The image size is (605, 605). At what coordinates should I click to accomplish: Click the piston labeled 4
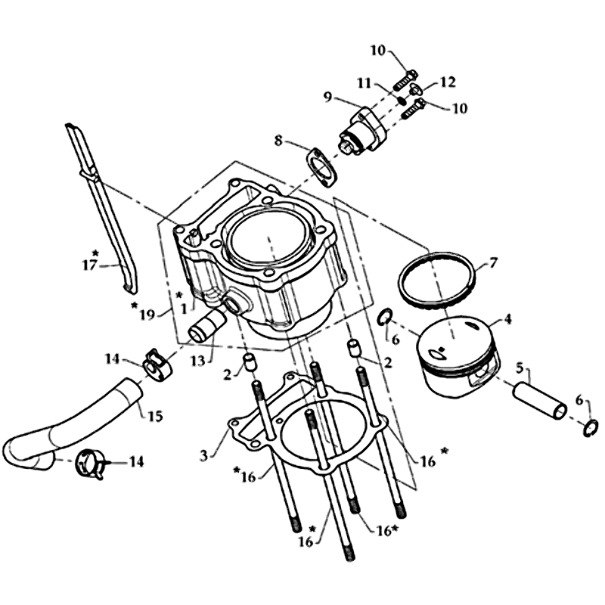(458, 358)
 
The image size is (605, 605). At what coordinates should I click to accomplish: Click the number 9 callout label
(327, 98)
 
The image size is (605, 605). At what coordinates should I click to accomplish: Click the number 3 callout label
(203, 455)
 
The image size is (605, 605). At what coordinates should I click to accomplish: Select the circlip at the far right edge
(591, 428)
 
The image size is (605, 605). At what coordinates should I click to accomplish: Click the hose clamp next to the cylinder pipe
(158, 365)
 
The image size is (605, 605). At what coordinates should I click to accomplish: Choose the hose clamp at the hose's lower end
(89, 464)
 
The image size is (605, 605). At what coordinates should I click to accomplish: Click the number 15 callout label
(155, 416)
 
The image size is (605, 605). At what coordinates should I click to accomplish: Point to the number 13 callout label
(197, 361)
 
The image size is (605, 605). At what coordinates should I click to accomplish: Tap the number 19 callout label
(147, 315)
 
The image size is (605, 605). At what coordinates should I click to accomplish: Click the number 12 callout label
(448, 82)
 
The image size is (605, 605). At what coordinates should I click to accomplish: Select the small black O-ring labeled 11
(402, 101)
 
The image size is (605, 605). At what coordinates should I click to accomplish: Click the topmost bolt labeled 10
(405, 80)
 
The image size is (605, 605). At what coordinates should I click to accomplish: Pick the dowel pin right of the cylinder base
(354, 347)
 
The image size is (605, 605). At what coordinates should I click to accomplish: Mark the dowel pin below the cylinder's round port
(250, 362)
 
